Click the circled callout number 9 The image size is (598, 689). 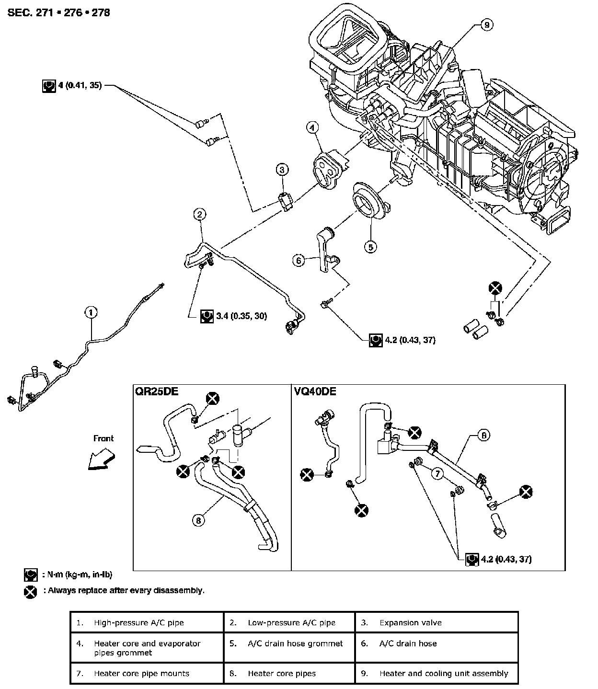click(486, 25)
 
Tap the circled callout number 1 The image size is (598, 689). click(91, 313)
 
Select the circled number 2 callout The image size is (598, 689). click(200, 214)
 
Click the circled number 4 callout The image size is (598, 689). click(312, 127)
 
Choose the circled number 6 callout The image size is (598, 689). click(299, 260)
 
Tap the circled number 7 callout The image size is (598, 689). click(437, 473)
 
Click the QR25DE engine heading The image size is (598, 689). click(157, 391)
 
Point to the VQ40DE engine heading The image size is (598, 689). click(315, 391)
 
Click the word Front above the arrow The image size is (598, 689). click(103, 438)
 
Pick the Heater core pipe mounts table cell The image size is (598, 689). click(141, 673)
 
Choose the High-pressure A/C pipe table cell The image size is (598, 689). click(139, 623)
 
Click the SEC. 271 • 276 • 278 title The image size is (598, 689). click(58, 13)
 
